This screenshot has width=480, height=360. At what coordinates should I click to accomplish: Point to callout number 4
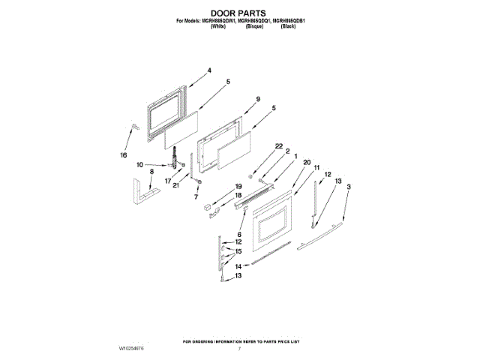click(209, 70)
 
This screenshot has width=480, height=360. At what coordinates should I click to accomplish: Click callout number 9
click(257, 99)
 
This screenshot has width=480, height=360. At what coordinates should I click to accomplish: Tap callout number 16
click(124, 155)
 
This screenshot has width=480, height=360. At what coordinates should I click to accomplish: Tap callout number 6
click(240, 234)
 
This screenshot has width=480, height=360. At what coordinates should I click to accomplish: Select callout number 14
click(238, 266)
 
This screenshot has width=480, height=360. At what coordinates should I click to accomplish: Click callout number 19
click(238, 186)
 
